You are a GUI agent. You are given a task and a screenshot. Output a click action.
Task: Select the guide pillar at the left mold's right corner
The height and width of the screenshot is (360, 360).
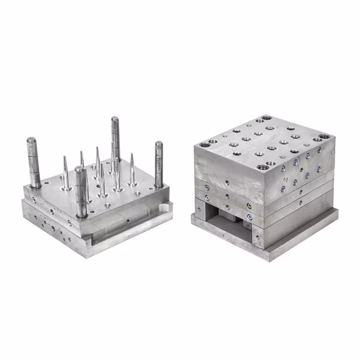pyautogui.click(x=158, y=164)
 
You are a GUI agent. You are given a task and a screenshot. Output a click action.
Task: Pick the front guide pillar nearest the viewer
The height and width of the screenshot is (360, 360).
pyautogui.click(x=81, y=193)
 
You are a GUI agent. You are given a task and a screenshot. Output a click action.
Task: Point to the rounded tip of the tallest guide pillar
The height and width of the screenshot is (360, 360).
pyautogui.click(x=115, y=119)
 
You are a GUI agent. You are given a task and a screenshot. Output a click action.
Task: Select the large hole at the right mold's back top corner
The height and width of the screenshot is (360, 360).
pyautogui.click(x=266, y=120)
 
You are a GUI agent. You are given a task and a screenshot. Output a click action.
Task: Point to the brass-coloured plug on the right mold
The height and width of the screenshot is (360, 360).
pyautogui.click(x=249, y=205)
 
